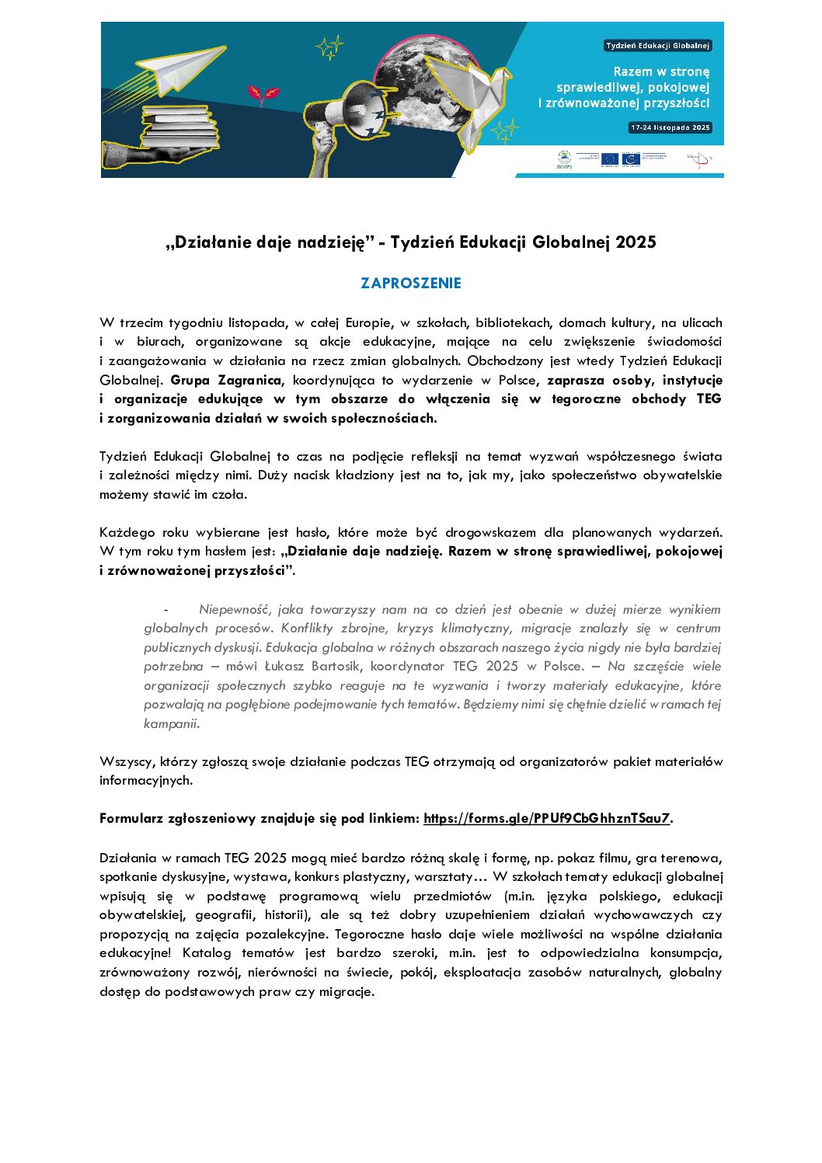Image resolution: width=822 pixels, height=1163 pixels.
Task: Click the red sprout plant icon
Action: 263,95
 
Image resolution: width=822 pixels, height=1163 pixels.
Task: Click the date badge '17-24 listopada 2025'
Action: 670,127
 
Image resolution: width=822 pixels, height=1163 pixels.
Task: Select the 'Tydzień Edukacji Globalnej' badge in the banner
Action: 657,46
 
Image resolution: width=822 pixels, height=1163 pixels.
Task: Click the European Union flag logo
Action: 609,159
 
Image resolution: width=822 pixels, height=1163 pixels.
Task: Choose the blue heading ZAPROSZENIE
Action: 411,284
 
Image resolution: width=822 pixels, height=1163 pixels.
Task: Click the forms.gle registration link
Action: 546,818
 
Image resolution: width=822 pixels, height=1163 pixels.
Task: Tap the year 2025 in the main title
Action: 636,242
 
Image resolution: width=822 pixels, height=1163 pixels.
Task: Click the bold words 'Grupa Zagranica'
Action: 225,380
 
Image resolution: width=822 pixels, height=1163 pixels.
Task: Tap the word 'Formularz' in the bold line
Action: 131,818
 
